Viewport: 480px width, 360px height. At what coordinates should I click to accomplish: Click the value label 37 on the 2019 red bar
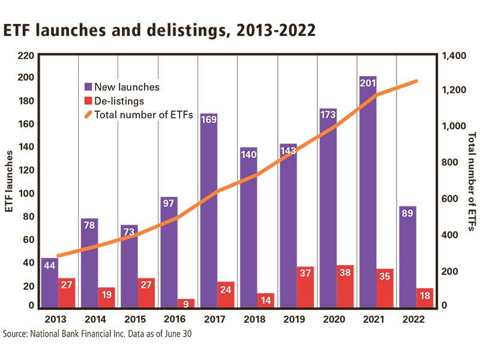pos(305,273)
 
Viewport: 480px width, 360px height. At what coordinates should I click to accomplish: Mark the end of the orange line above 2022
pos(417,81)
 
